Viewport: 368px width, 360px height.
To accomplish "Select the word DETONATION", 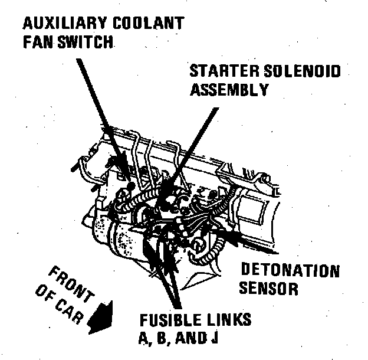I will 290,272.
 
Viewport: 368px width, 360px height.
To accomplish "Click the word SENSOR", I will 269,290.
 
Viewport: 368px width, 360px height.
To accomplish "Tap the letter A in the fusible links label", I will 145,339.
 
